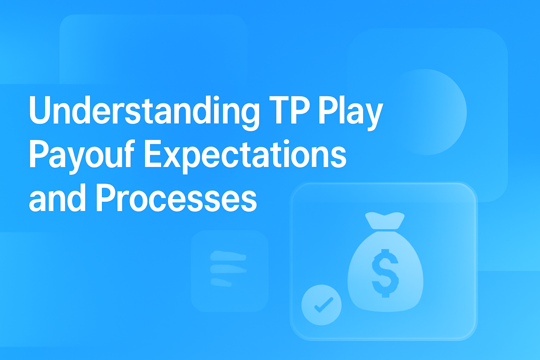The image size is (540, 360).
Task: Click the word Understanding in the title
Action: tap(144, 111)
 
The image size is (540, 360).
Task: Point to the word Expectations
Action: tap(245, 155)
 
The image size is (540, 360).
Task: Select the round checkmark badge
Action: tap(321, 304)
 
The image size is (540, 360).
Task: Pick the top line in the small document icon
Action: tap(227, 256)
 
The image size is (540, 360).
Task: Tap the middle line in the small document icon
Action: tap(228, 269)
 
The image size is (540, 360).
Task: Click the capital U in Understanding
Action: tap(40, 110)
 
